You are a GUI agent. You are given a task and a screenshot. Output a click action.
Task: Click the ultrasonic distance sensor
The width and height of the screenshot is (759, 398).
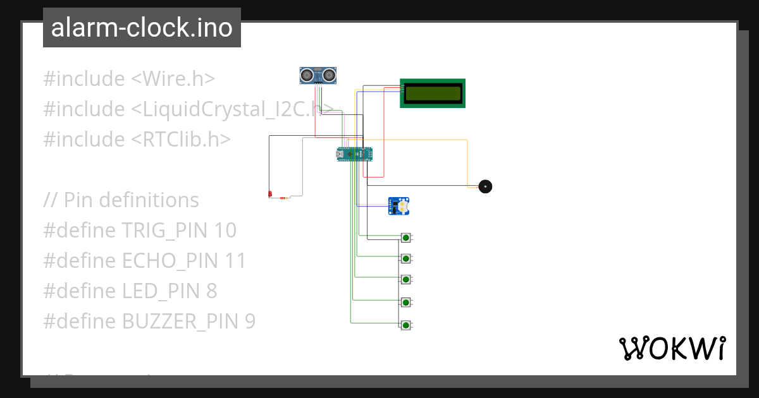click(318, 75)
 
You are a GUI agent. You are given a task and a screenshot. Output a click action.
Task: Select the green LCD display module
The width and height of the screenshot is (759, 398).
click(433, 93)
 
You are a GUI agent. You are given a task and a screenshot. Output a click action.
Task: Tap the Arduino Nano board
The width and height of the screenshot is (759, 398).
click(354, 154)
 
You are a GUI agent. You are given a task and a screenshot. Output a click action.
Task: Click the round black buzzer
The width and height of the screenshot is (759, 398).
click(485, 186)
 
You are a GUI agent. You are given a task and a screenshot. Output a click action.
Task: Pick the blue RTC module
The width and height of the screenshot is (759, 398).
click(399, 206)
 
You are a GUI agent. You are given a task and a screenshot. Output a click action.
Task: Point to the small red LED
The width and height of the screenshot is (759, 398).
click(270, 193)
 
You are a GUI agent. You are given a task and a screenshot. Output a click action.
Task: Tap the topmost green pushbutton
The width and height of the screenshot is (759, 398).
click(405, 238)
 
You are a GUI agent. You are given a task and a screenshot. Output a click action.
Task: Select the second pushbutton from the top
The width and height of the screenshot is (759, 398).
click(405, 258)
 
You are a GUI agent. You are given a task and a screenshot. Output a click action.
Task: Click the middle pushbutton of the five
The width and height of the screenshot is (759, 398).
click(405, 279)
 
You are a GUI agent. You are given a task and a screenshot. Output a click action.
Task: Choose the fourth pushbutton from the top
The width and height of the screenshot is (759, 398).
click(405, 302)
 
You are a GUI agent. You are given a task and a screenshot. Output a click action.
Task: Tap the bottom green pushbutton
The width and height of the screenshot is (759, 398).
click(405, 325)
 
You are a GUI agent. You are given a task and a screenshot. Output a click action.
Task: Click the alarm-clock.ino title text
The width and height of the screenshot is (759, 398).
click(142, 28)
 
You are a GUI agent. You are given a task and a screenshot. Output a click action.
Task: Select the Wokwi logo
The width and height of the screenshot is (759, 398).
click(672, 348)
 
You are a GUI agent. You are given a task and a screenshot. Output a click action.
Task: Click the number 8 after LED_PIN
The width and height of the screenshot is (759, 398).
click(211, 291)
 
